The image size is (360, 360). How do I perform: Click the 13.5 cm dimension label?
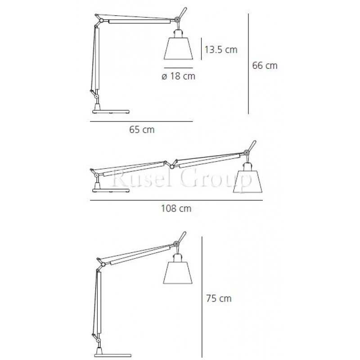pos(220,49)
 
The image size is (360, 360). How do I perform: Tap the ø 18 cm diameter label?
pos(178,76)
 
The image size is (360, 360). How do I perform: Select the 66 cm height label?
pos(265,65)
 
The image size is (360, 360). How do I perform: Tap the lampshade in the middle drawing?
pos(247,181)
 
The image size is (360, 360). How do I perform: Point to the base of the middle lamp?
pos(106,189)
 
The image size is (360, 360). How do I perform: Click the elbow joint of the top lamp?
pos(103,21)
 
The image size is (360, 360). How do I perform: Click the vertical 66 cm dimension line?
pos(248,63)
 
